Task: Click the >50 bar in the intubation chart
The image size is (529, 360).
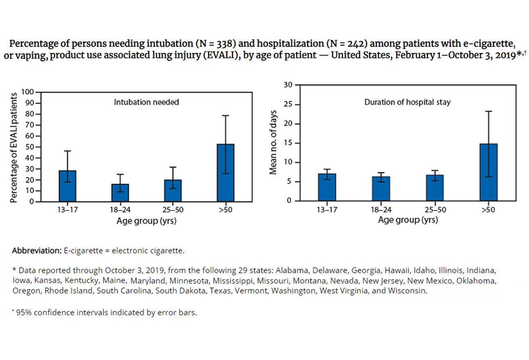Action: tap(225, 173)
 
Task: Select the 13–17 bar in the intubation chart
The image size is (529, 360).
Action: tap(67, 186)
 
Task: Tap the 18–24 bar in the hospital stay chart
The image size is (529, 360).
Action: tap(381, 189)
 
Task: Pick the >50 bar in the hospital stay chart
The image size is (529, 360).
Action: tap(488, 172)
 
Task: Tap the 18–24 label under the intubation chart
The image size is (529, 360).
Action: tap(120, 210)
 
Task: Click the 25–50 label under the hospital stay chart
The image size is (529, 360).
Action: tap(435, 210)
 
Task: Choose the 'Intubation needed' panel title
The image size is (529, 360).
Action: tap(146, 102)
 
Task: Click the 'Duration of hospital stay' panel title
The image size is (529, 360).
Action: tap(407, 102)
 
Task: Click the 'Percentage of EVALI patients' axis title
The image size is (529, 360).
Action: tap(14, 147)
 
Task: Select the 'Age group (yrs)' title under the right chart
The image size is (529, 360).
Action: tap(408, 220)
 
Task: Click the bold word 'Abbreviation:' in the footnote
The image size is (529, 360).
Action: tap(36, 251)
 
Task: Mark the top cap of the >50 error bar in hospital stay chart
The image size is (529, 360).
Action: tap(488, 111)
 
